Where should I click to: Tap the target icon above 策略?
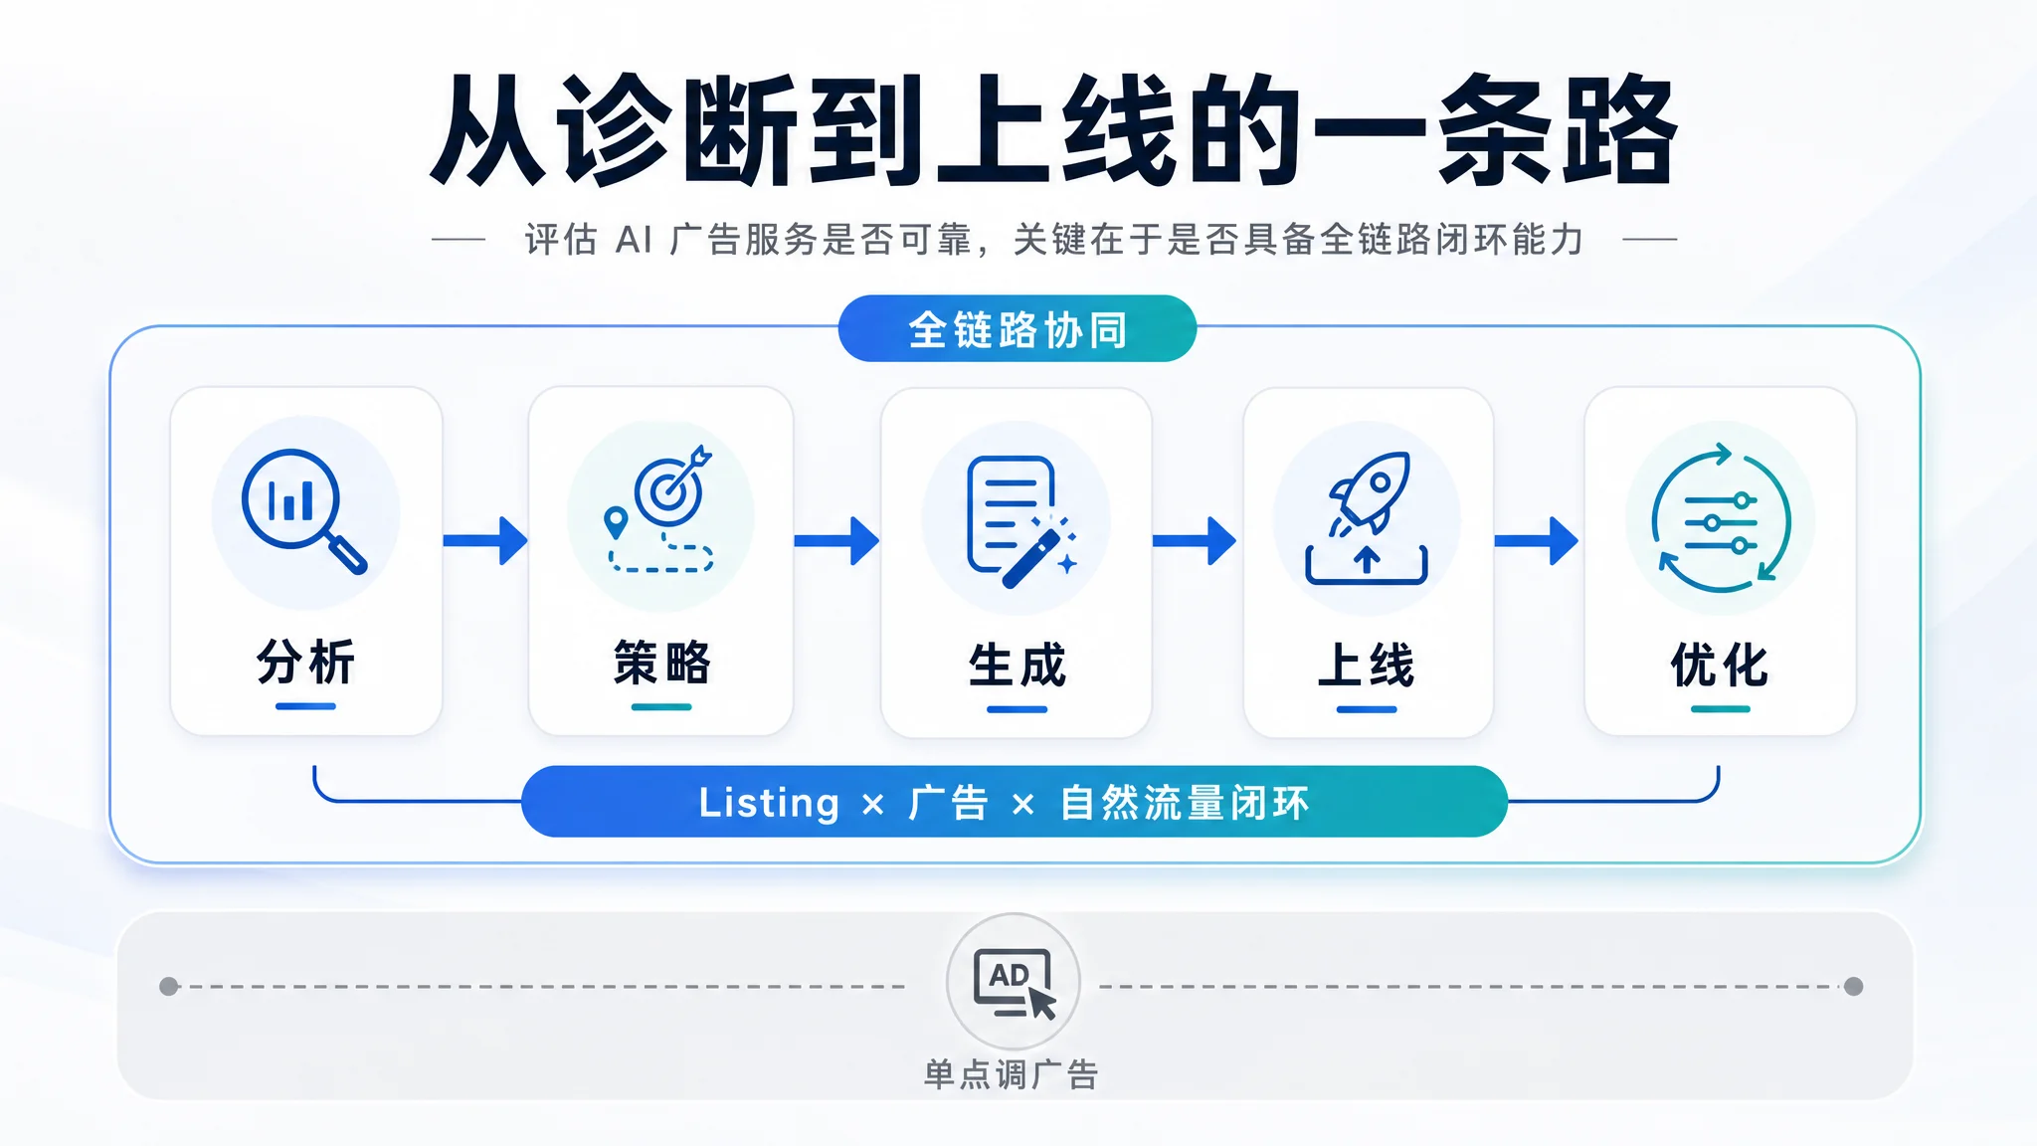click(x=660, y=508)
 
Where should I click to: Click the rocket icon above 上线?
click(x=1367, y=517)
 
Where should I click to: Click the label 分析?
click(x=305, y=662)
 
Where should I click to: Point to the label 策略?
click(x=661, y=663)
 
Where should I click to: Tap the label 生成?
click(x=1017, y=665)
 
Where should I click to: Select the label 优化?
click(x=1720, y=665)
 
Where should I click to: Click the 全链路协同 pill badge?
click(x=1017, y=329)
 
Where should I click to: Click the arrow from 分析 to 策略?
click(x=485, y=540)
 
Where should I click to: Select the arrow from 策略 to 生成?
click(x=836, y=540)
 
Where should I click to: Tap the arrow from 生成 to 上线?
click(x=1195, y=540)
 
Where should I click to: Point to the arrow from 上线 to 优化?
click(x=1537, y=540)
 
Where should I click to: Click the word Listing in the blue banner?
click(x=769, y=803)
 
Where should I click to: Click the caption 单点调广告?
click(x=1012, y=1074)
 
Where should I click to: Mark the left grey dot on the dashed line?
click(x=169, y=986)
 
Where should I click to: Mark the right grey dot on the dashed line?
click(x=1854, y=986)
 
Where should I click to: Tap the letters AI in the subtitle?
click(x=634, y=240)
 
